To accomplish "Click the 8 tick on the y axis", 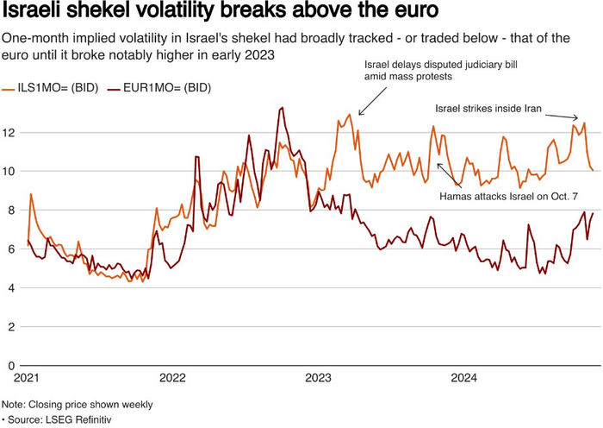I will [8, 210].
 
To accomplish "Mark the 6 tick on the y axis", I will [8, 249].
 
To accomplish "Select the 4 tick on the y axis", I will [8, 287].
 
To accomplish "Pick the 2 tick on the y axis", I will [8, 326].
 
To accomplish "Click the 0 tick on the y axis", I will [8, 365].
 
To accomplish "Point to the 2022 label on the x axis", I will [172, 378].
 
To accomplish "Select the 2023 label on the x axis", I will [319, 378].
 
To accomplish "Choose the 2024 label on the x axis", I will [465, 378].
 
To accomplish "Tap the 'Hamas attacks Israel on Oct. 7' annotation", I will [508, 197].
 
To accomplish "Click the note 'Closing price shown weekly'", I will [78, 404].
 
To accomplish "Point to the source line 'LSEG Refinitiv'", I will [60, 419].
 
